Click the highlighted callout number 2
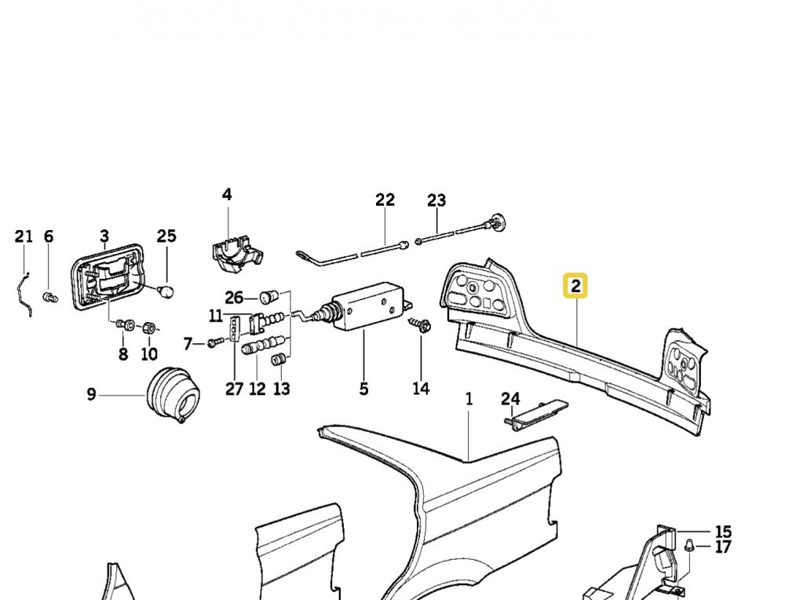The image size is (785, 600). [575, 286]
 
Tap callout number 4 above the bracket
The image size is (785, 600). [227, 194]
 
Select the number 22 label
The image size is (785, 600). [385, 199]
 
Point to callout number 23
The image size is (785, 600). [436, 201]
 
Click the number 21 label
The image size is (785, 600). [24, 236]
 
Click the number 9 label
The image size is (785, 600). [91, 394]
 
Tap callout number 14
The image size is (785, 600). [421, 388]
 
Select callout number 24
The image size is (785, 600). [511, 399]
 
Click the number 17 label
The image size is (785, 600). [722, 547]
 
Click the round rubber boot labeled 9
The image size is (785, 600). [173, 396]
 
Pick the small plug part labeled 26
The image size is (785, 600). [268, 297]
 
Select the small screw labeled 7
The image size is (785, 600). [215, 342]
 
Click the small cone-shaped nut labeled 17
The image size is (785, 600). [690, 544]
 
